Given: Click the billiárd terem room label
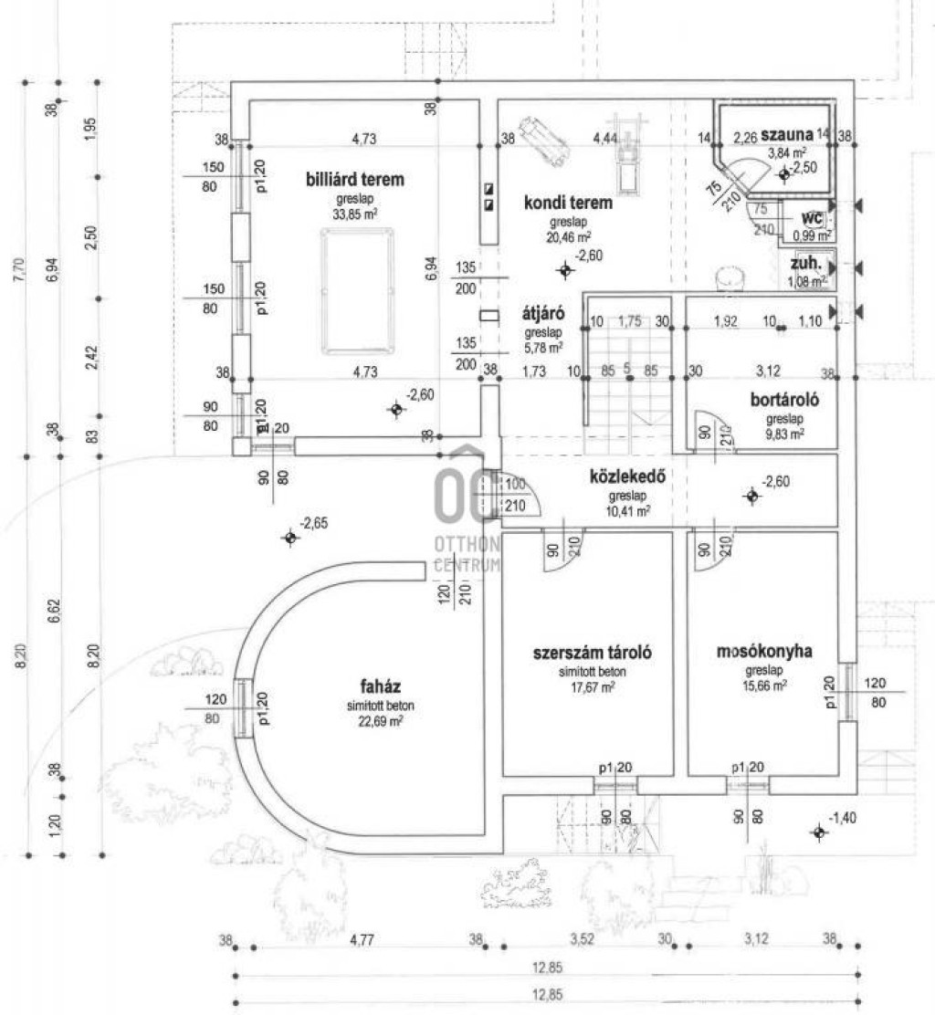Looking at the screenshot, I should tap(354, 180).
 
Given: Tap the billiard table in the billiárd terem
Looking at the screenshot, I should tap(358, 290).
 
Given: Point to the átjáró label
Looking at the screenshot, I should tap(542, 312).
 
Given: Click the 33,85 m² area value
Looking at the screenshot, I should tap(356, 215).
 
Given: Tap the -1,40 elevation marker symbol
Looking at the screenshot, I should tap(819, 832).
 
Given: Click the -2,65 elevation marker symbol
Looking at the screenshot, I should tap(290, 538).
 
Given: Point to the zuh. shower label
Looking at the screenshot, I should tap(809, 263).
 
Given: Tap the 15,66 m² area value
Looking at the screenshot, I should tap(765, 685).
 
